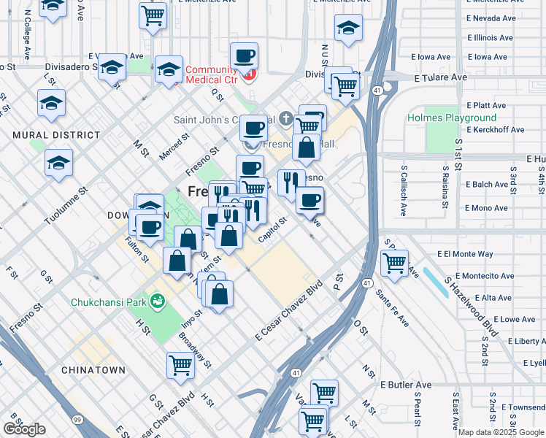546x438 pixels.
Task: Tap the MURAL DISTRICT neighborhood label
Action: point(55,135)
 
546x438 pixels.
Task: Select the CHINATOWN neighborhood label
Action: point(93,370)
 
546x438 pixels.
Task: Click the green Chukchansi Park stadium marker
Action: point(157,300)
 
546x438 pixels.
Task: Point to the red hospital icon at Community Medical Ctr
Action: point(250,74)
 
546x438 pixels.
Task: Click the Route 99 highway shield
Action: point(77,420)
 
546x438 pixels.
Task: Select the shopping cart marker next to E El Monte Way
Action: point(394,262)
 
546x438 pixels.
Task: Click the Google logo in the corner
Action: point(24,429)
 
